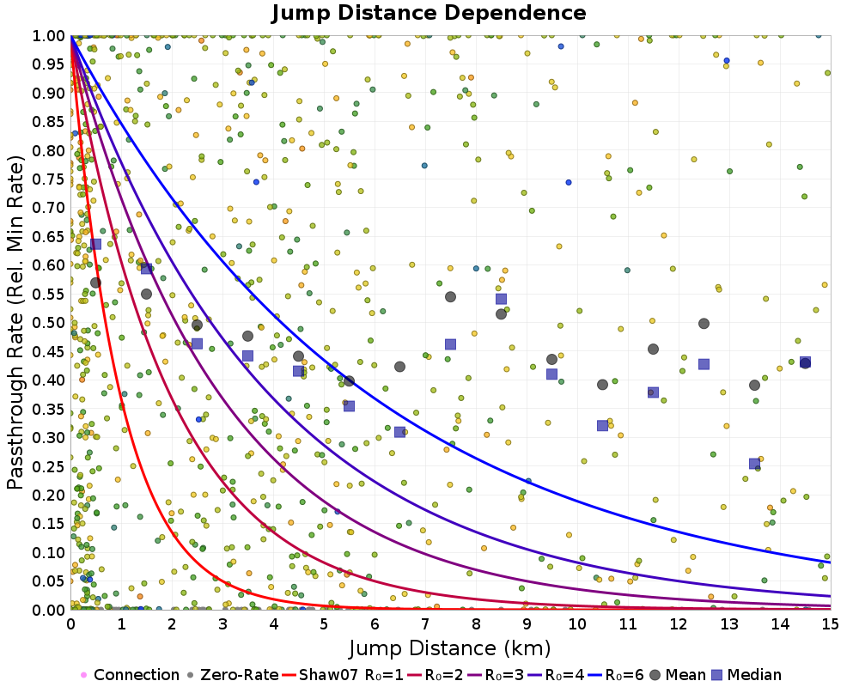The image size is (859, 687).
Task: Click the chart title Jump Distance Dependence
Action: (429, 13)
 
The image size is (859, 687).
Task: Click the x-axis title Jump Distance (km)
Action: (449, 647)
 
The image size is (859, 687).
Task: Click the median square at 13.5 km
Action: (754, 464)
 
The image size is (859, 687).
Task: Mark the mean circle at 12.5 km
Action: (704, 324)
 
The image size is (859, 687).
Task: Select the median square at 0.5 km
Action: (95, 244)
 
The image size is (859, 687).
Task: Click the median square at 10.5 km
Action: (602, 426)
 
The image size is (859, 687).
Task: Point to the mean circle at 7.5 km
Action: (450, 297)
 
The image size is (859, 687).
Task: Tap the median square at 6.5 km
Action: (399, 432)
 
